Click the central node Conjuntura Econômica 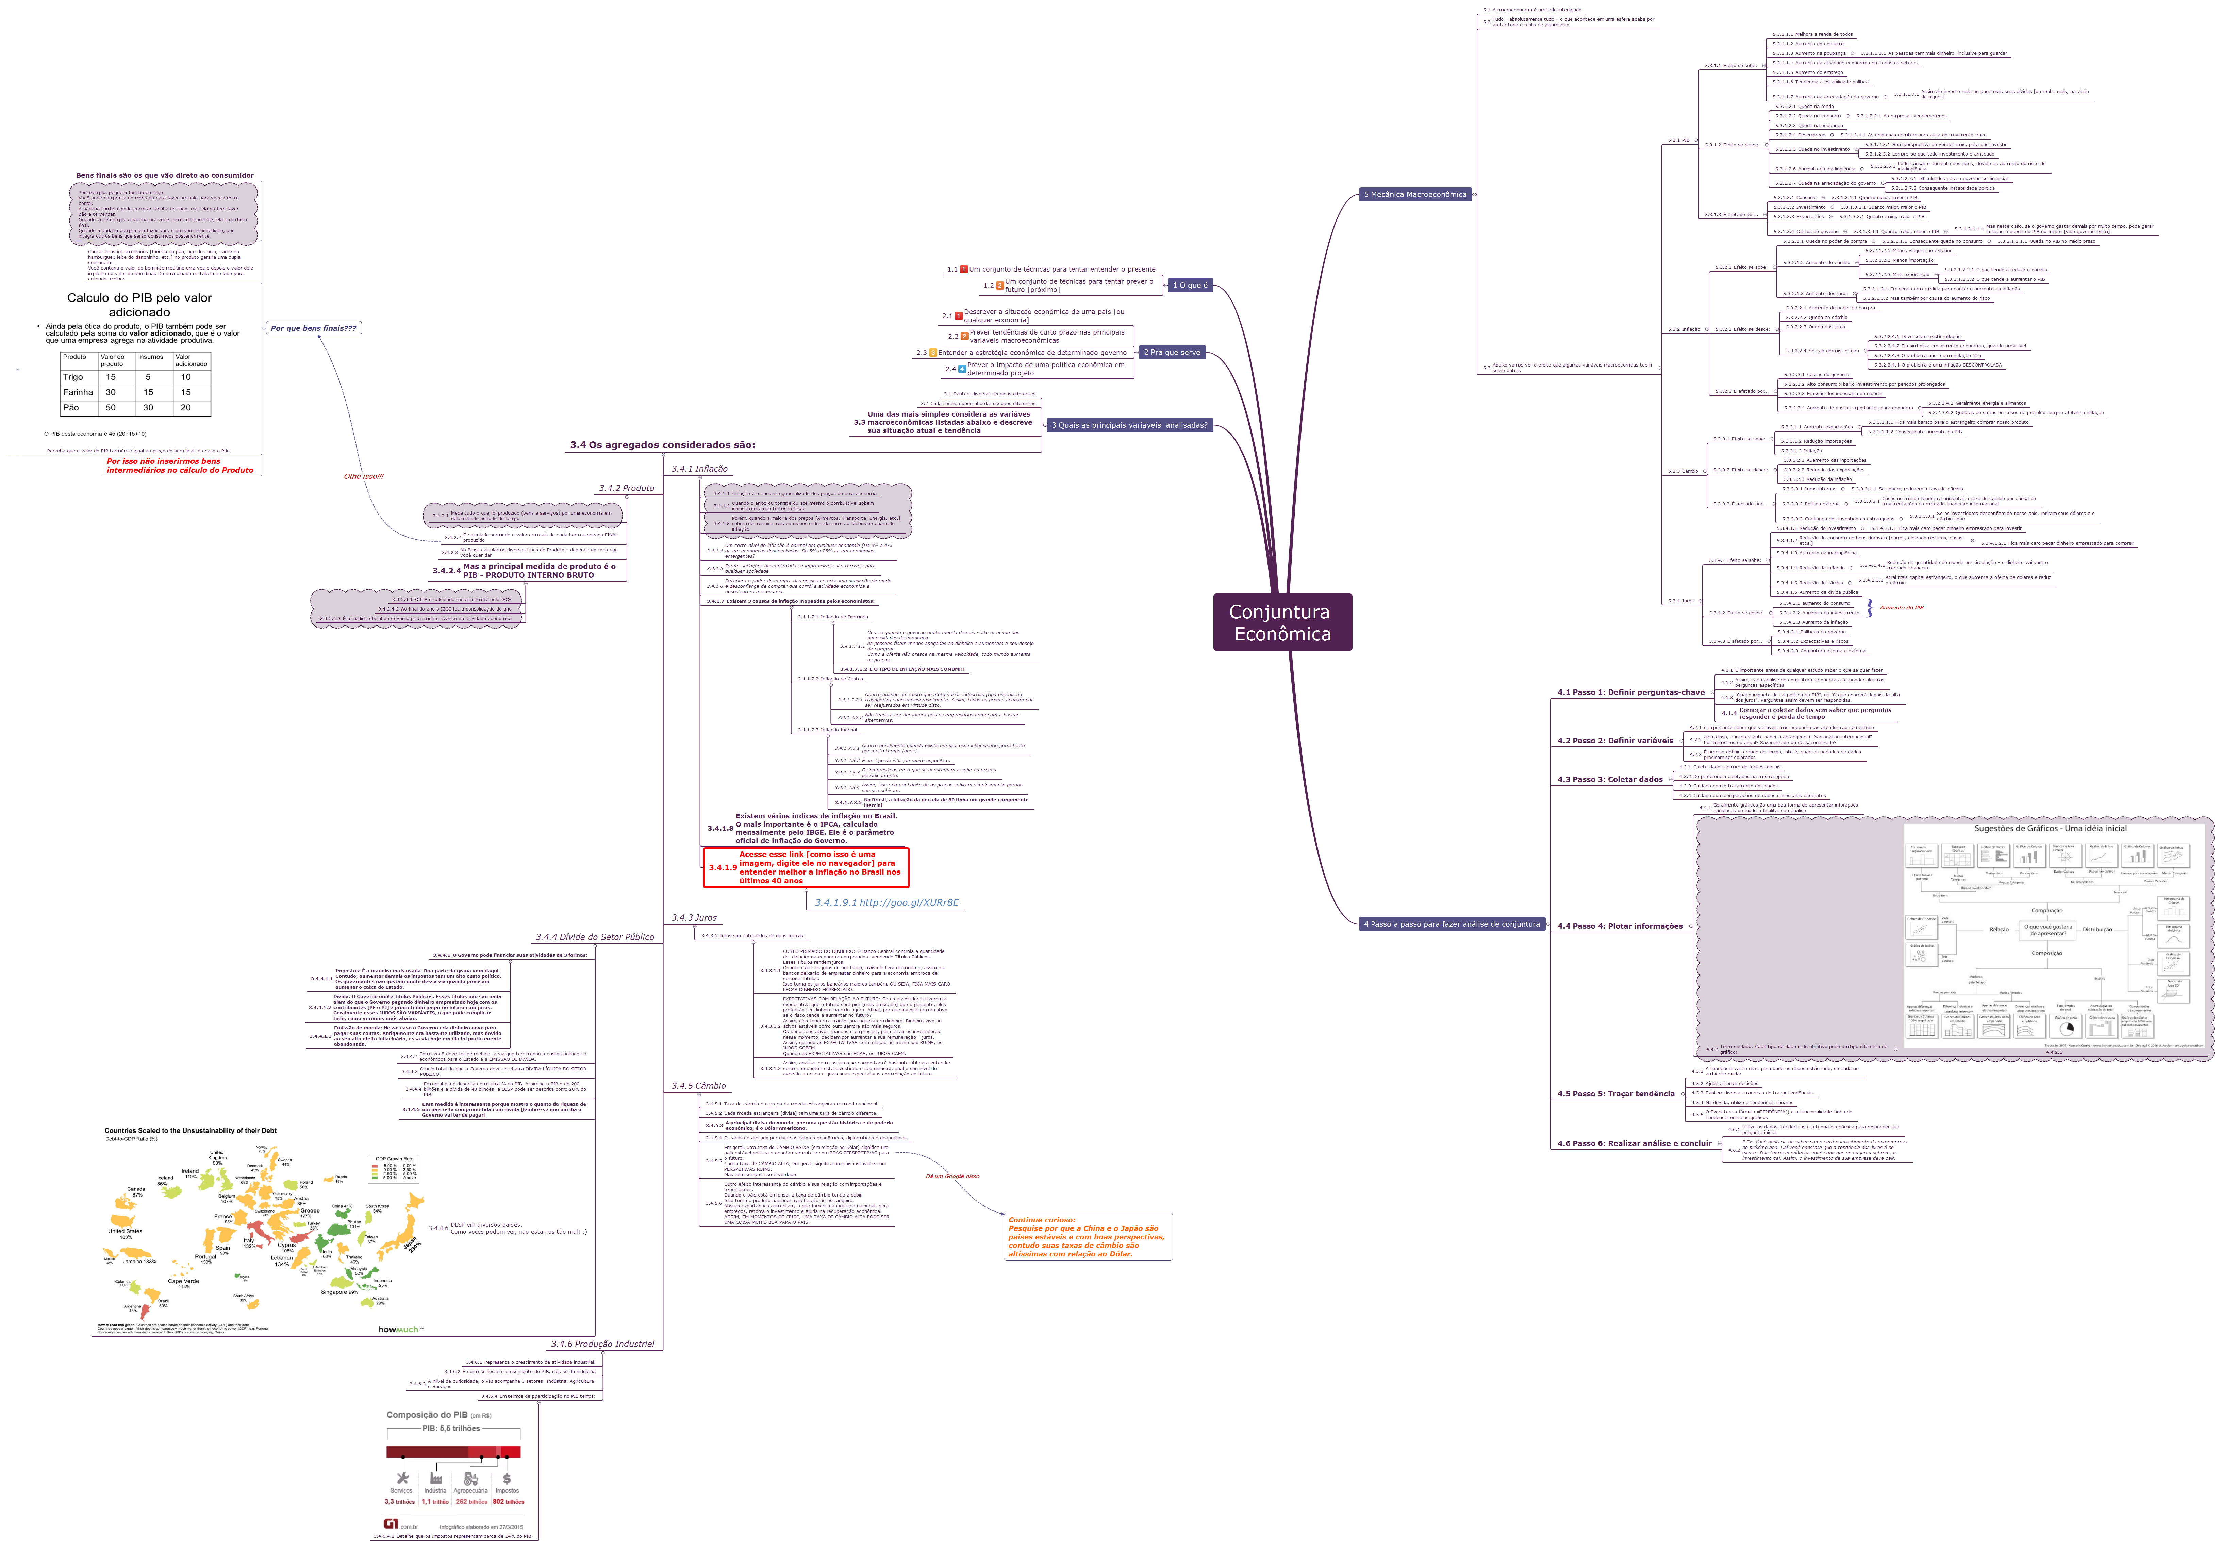coord(1282,622)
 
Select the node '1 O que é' coord(1190,286)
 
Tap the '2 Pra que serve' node coord(1172,352)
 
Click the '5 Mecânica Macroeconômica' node coord(1415,194)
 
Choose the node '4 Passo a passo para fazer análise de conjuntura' coord(1451,924)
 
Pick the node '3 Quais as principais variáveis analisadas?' coord(1129,425)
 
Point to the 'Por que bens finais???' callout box coord(313,328)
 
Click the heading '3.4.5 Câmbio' coord(698,1086)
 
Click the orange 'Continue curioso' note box coord(1087,1236)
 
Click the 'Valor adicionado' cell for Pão coord(186,407)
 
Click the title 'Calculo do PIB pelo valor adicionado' coord(139,305)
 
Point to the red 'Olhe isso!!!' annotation coord(364,476)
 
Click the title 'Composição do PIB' coord(427,1414)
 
